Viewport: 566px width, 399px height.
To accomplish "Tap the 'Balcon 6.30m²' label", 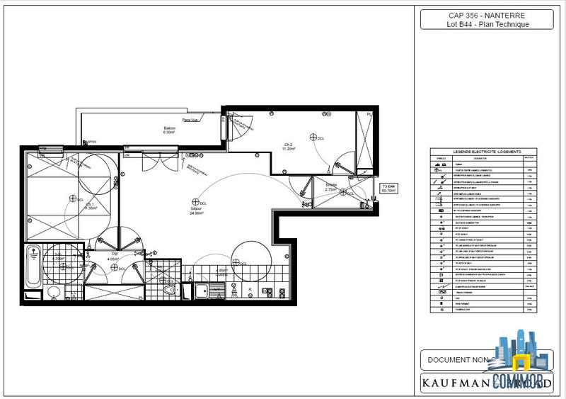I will [169, 130].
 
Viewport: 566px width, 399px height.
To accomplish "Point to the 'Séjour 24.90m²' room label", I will [197, 210].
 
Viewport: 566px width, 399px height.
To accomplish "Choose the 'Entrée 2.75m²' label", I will [331, 188].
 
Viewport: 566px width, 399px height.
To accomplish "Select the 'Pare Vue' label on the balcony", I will [190, 120].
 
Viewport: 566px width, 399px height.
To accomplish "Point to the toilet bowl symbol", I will [168, 290].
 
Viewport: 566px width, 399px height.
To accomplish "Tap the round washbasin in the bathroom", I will [52, 293].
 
